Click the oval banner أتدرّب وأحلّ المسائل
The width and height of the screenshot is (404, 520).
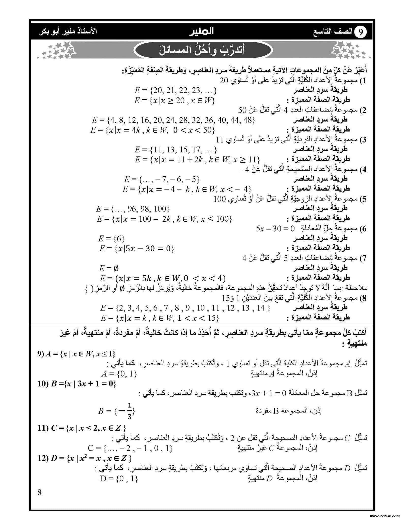(202, 50)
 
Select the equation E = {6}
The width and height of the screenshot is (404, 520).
(111, 238)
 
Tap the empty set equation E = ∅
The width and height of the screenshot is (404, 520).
(109, 268)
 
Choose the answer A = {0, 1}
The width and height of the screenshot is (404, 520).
(119, 374)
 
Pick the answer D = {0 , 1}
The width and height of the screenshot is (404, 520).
(119, 479)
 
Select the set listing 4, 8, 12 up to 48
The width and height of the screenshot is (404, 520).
(173, 120)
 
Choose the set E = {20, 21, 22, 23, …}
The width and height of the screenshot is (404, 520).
(175, 90)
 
